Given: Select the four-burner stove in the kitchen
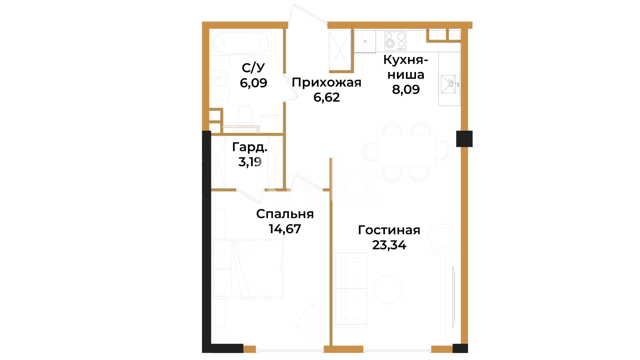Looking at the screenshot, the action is pos(395,41).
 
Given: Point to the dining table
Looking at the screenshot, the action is pos(406,150).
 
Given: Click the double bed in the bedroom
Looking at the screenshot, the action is pos(248,268).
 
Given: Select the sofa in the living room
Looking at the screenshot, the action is pos(350,288).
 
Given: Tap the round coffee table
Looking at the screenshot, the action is pos(388,289).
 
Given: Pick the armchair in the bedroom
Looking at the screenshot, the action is pos(311,320).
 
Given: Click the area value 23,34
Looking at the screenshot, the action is pos(389,245).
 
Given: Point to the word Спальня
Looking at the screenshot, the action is pos(285,214).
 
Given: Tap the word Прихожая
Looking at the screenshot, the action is pos(327,82).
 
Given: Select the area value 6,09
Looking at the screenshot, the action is pos(253,83).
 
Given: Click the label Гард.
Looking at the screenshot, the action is pos(250,147).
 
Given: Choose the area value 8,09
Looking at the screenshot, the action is pos(406,89).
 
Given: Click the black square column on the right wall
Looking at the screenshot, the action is pos(464,139).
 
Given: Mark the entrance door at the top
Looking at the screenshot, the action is pos(308,14).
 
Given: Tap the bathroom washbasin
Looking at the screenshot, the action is pos(220,78).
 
